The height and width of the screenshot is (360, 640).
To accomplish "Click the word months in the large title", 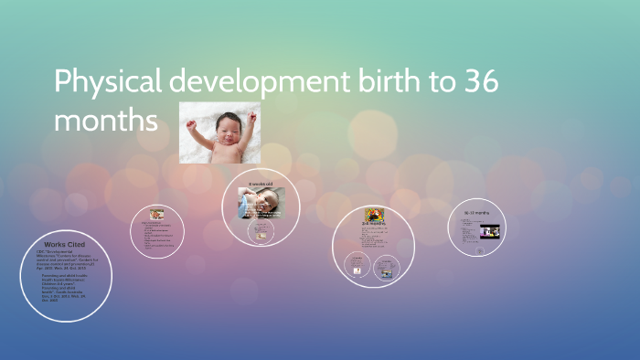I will (x=106, y=120).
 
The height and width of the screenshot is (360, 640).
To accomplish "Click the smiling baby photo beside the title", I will (x=219, y=132).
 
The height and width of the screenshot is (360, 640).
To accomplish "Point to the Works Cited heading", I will (x=64, y=245).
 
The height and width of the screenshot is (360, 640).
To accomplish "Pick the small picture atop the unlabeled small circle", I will (x=157, y=214).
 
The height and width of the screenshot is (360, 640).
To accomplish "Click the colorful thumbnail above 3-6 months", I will (x=374, y=215).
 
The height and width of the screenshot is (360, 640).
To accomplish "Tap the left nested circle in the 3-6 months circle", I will (x=358, y=264).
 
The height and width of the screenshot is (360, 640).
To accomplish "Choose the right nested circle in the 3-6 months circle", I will (x=387, y=269).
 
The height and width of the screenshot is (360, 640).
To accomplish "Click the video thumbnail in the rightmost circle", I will (x=490, y=231).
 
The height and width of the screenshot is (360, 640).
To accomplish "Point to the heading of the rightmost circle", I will (x=475, y=213).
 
